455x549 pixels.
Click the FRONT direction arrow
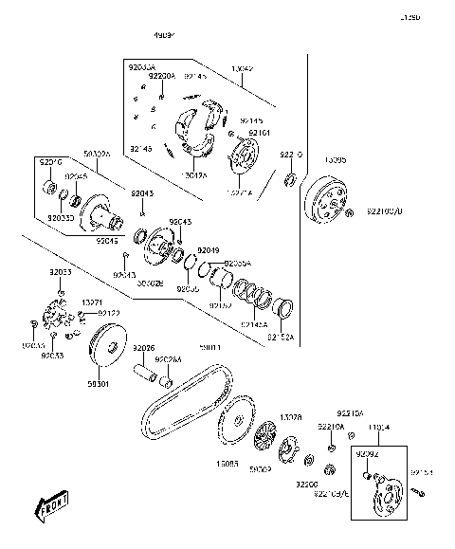click(x=54, y=509)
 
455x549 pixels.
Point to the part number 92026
click(x=143, y=348)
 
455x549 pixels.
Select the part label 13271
click(x=92, y=302)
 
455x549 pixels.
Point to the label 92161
click(x=260, y=133)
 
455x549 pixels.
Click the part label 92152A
click(x=281, y=337)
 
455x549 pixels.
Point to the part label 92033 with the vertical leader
click(x=61, y=272)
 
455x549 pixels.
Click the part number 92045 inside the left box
click(x=76, y=176)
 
